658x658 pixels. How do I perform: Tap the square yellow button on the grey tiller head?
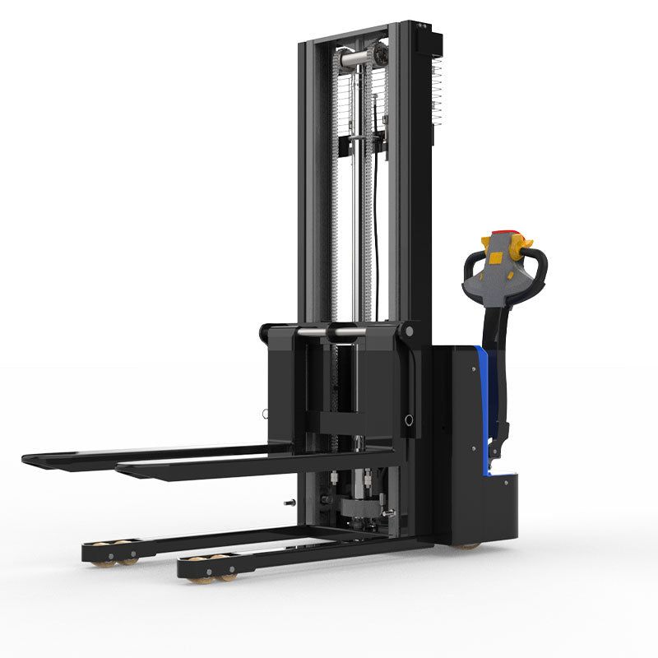pyautogui.click(x=497, y=257)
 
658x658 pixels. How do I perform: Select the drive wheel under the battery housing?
pyautogui.click(x=468, y=544)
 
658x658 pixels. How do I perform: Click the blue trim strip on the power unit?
pyautogui.click(x=486, y=411)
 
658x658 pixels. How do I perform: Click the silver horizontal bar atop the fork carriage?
pyautogui.click(x=332, y=331)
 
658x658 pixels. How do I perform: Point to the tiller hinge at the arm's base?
pyautogui.click(x=496, y=448)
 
